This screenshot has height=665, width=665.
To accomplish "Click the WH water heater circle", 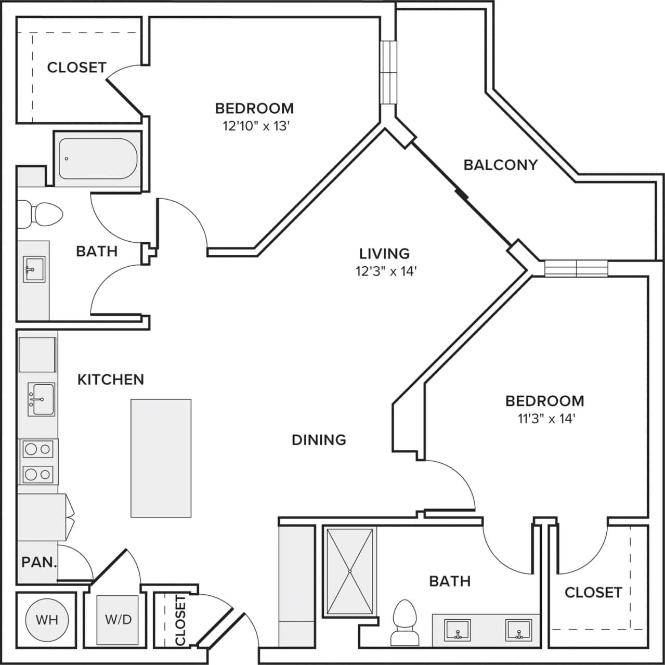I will point(47,620).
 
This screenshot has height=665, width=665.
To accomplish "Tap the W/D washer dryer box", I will point(118,619).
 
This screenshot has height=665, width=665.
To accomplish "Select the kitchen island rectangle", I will point(161,458).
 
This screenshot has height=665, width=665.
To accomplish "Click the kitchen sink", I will point(41,399).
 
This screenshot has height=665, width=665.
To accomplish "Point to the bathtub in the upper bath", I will point(97,159).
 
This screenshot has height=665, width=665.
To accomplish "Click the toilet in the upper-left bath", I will point(42,214).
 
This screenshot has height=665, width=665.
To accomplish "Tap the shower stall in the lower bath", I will point(349,571).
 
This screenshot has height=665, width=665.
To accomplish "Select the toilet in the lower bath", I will point(405,621).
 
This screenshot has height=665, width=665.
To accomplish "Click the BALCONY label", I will point(500,165).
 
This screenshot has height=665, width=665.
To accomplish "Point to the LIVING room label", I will point(384,253).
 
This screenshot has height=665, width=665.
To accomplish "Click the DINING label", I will point(319,440).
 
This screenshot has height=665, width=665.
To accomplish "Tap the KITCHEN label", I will point(111,380).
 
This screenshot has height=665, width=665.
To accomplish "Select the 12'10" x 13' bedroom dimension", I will point(255,126).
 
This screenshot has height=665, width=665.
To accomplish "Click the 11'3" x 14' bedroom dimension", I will point(546,419).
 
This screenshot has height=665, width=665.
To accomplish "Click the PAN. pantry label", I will point(39,562).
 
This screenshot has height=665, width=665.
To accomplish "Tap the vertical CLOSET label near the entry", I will point(180,620).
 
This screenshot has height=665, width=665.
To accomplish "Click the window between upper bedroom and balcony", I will point(388,72).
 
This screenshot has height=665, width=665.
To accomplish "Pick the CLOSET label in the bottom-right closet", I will point(593,592).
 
